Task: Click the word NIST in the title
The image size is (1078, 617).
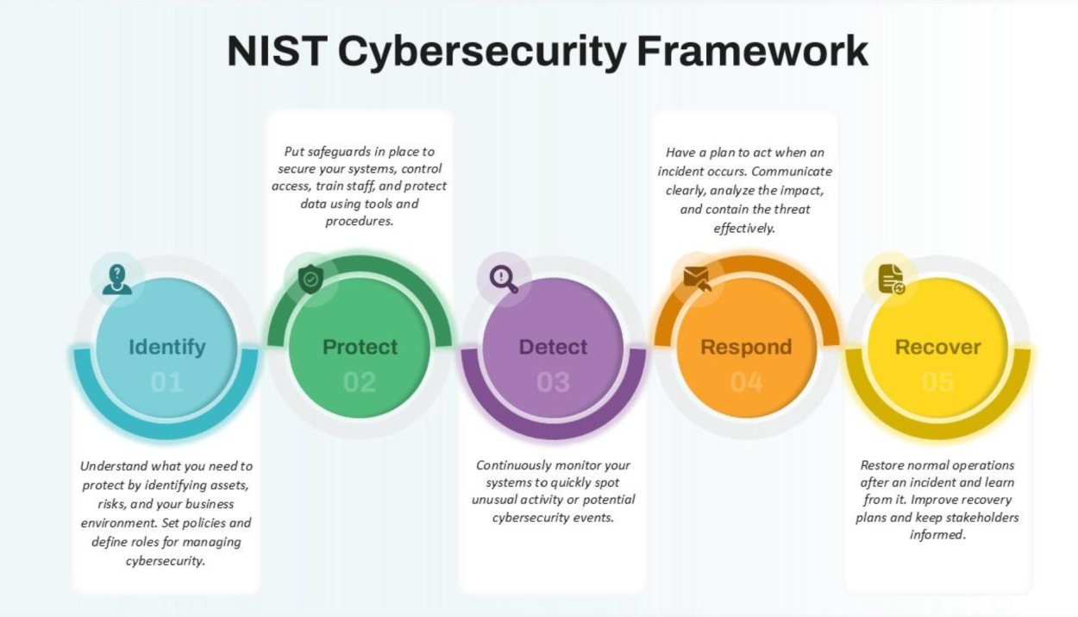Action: tap(277, 51)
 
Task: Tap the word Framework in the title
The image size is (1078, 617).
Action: tap(752, 51)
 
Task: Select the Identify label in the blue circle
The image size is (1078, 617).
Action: tap(167, 347)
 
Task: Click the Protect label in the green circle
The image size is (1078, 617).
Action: tap(360, 347)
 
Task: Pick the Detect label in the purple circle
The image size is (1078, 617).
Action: tap(553, 347)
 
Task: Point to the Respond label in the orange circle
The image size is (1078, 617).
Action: tap(746, 347)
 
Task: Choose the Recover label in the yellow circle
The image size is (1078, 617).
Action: tap(937, 347)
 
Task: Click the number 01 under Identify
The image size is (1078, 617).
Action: tap(166, 382)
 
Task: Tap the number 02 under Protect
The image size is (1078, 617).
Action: tap(360, 382)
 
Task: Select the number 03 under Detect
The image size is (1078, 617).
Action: tap(553, 382)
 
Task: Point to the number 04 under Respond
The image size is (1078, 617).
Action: tap(747, 382)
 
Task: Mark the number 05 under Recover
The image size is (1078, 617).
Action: tap(938, 382)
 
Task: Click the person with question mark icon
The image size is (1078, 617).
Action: tap(117, 279)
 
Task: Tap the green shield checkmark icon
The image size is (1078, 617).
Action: tap(310, 279)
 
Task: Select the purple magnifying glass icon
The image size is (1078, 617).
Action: tap(504, 280)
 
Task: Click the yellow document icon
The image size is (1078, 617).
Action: tap(892, 279)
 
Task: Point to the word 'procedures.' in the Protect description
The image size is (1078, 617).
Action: tap(360, 221)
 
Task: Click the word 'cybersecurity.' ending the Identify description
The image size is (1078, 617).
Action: tap(166, 561)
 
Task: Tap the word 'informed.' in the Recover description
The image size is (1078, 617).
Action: tap(937, 535)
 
